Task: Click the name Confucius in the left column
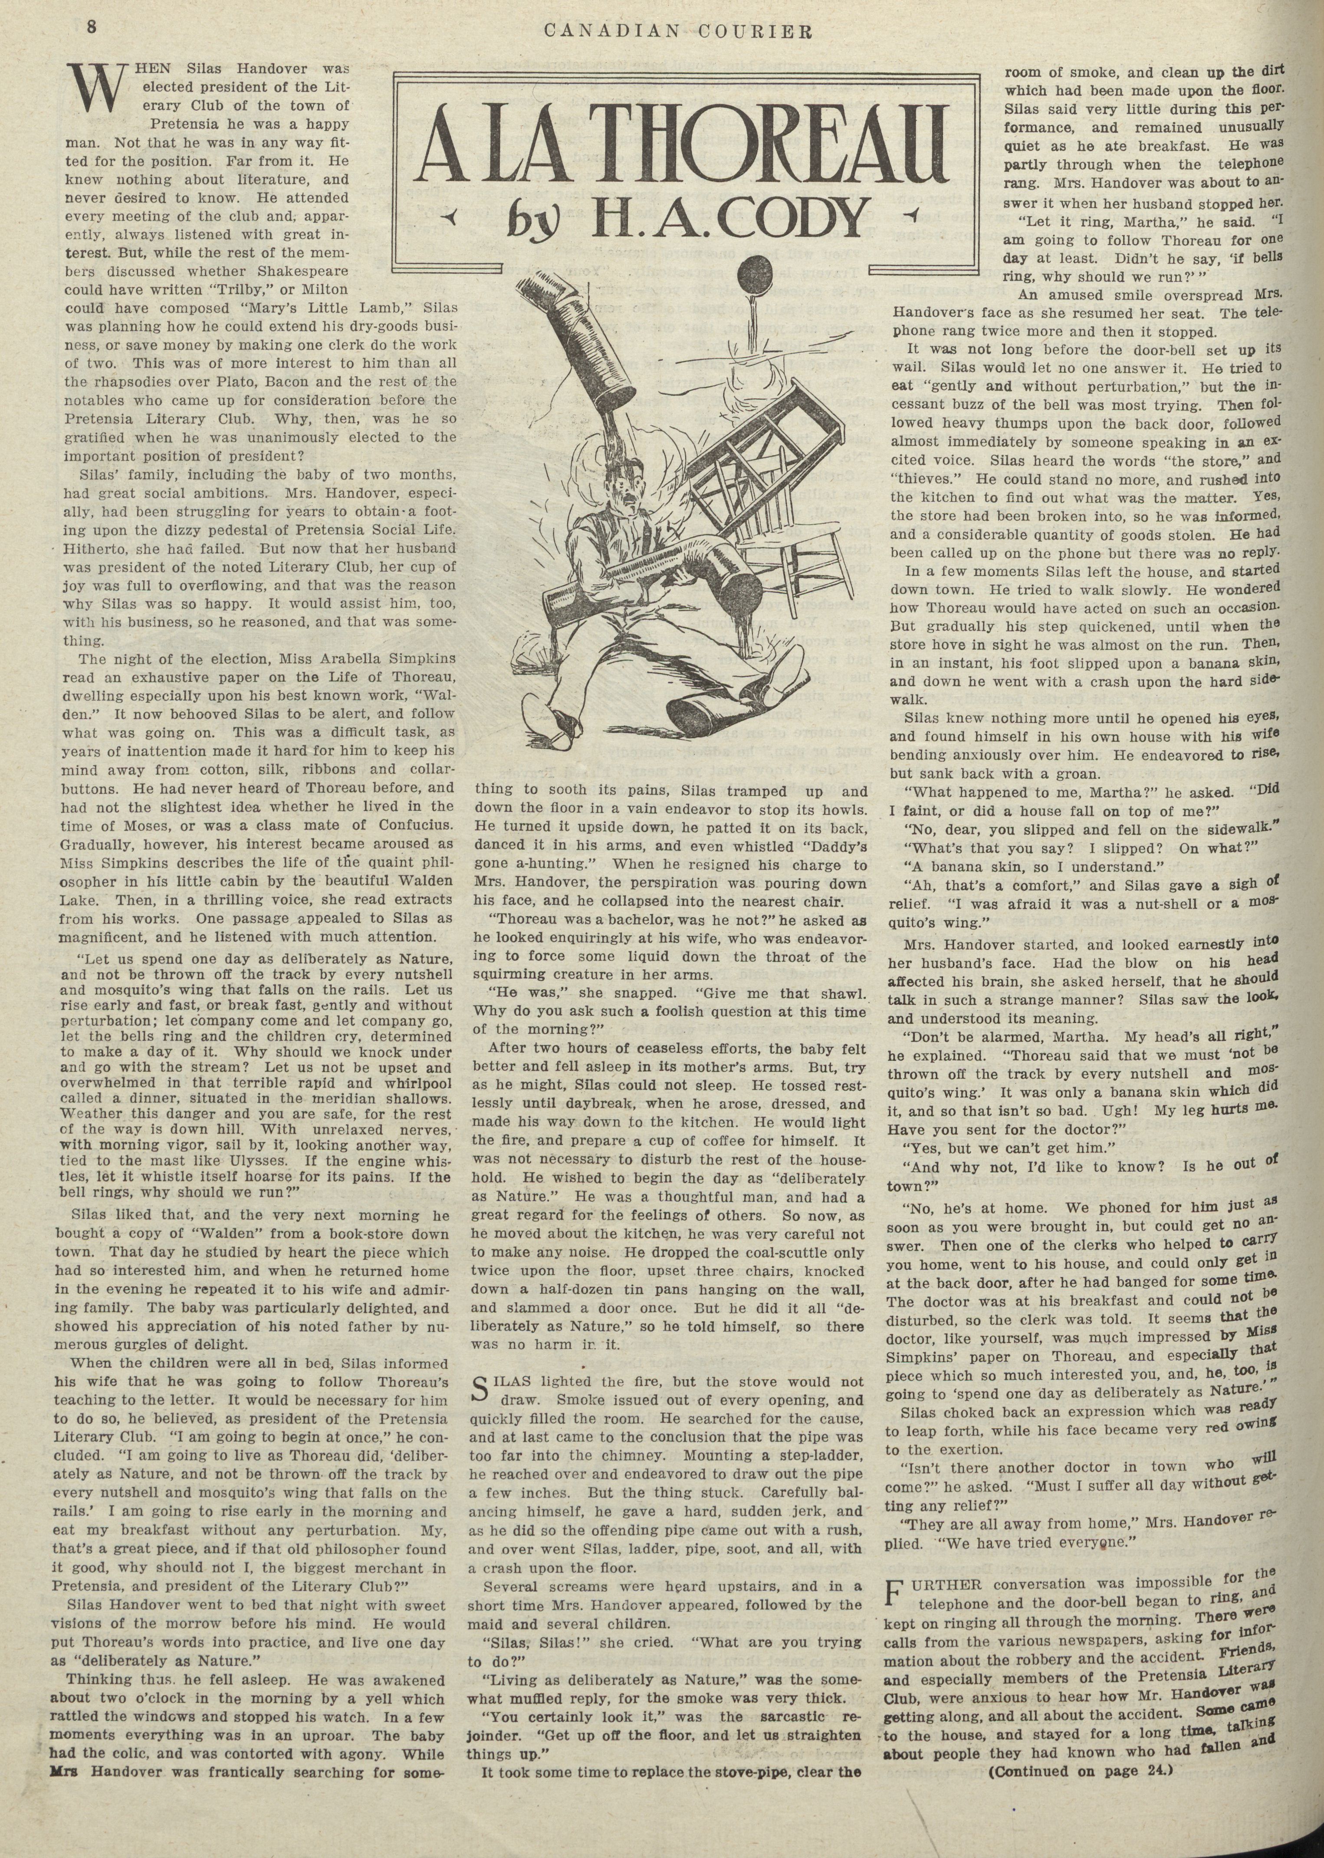tap(407, 825)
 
